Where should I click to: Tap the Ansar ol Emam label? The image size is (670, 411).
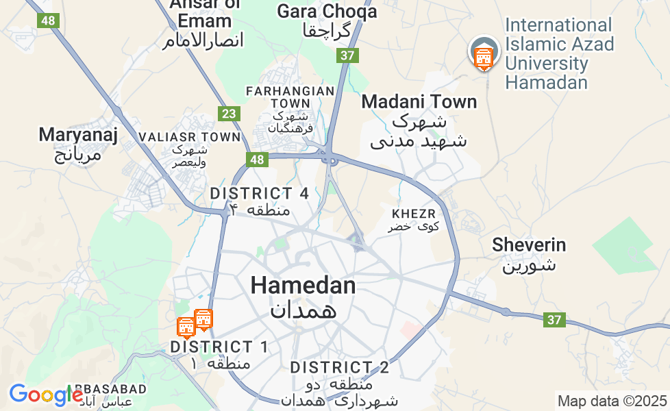coord(203,21)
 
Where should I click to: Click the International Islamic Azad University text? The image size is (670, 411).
coord(558,54)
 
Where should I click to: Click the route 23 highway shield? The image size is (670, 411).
coord(228,114)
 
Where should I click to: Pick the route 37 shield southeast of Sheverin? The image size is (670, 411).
coord(555,319)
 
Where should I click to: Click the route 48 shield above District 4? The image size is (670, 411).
coord(257,160)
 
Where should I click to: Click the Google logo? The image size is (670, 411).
coord(46,395)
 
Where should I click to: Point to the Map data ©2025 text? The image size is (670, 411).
coord(612,401)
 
